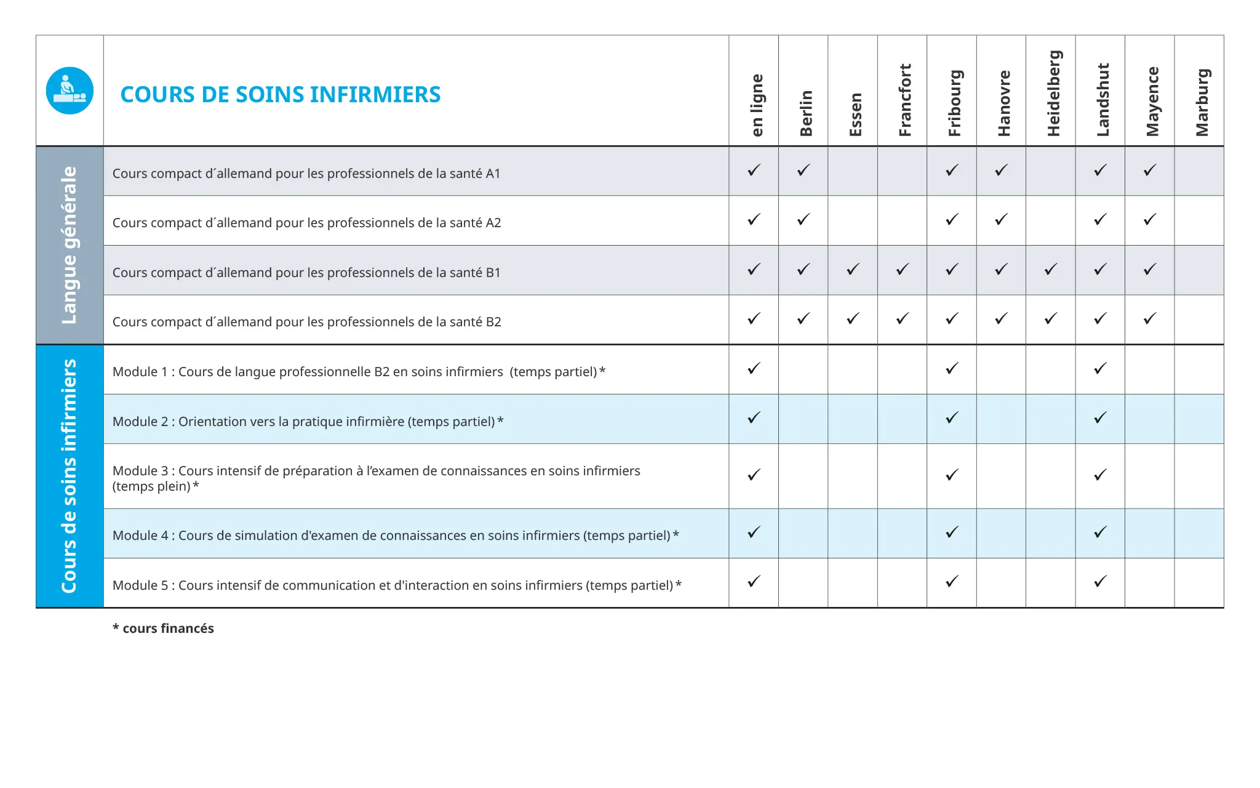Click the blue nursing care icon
tap(70, 90)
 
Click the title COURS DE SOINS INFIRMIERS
tap(280, 94)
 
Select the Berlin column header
tap(805, 113)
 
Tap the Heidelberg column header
tap(1053, 93)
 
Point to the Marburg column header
tap(1202, 102)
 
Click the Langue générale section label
tap(70, 245)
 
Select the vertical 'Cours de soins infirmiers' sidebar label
tap(70, 476)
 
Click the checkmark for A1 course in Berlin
tap(803, 171)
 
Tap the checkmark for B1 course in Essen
tap(853, 270)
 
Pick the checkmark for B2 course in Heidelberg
tap(1051, 319)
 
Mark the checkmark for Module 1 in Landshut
tap(1100, 369)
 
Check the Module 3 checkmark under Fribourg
tap(952, 475)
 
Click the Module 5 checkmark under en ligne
tap(754, 582)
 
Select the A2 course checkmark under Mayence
tap(1150, 220)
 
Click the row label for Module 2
tap(308, 422)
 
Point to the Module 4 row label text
tap(396, 536)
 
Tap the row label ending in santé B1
tap(306, 273)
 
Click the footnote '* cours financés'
tap(163, 629)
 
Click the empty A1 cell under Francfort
tap(902, 171)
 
